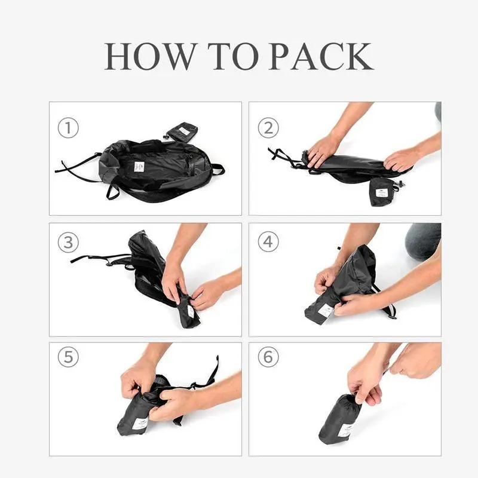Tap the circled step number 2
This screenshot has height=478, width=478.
[x=268, y=128]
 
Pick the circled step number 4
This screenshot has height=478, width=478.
[x=268, y=242]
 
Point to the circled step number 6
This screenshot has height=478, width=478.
[x=268, y=357]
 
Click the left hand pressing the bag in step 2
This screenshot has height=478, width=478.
[x=323, y=149]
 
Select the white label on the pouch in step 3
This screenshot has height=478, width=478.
[x=191, y=311]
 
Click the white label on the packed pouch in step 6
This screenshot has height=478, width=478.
[x=345, y=430]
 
